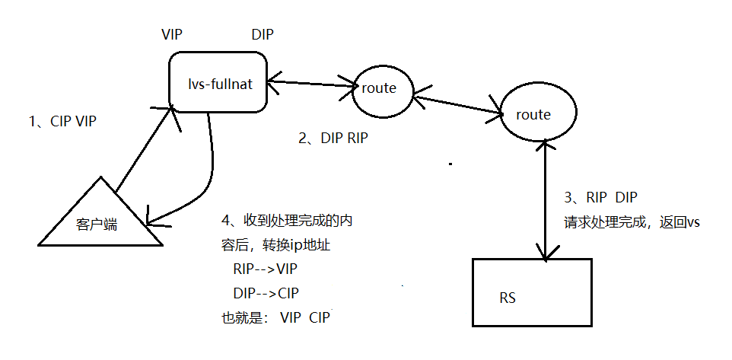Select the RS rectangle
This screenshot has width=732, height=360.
(x=531, y=293)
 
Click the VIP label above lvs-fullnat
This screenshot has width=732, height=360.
(x=173, y=35)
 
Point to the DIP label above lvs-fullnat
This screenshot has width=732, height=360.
(x=263, y=35)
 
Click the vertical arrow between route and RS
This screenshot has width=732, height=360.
(x=545, y=202)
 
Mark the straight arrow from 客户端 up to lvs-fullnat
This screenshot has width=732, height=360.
(x=145, y=148)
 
